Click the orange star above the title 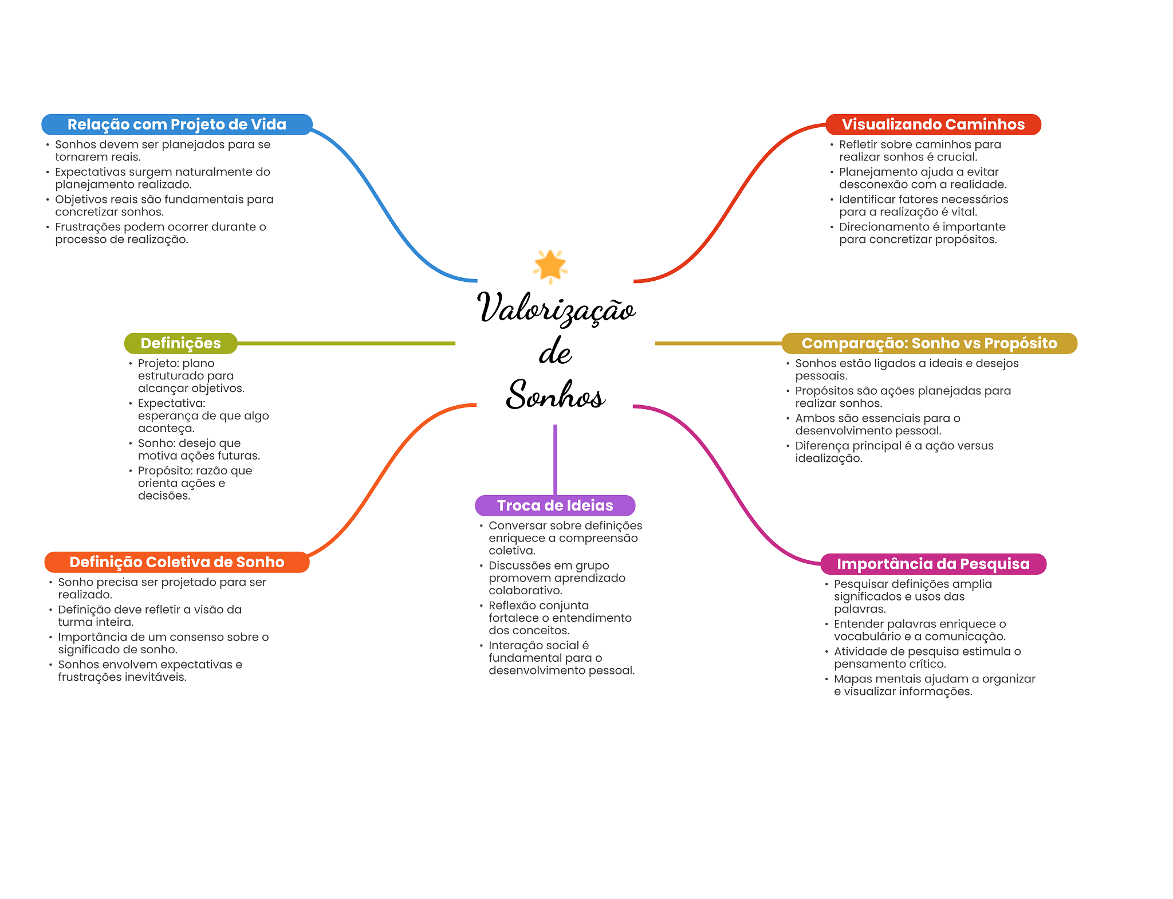pyautogui.click(x=550, y=266)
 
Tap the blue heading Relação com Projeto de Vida pyautogui.click(x=176, y=124)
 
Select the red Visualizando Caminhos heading pyautogui.click(x=932, y=124)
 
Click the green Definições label pyautogui.click(x=180, y=343)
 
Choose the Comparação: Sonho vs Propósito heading pyautogui.click(x=928, y=343)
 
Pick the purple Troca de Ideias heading pyautogui.click(x=554, y=505)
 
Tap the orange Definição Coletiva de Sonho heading pyautogui.click(x=176, y=562)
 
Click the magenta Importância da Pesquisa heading pyautogui.click(x=932, y=564)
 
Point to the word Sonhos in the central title pyautogui.click(x=554, y=395)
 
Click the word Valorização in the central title pyautogui.click(x=556, y=308)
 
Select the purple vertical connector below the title pyautogui.click(x=555, y=458)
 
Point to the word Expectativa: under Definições pyautogui.click(x=171, y=403)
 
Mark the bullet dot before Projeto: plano pyautogui.click(x=131, y=364)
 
